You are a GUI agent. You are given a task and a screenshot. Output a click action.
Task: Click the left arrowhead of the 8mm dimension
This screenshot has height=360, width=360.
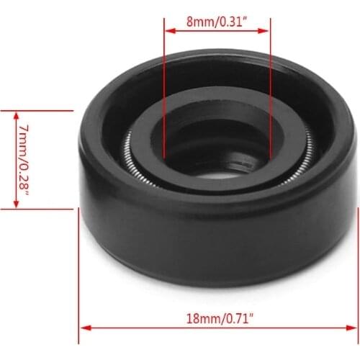[168, 31]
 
